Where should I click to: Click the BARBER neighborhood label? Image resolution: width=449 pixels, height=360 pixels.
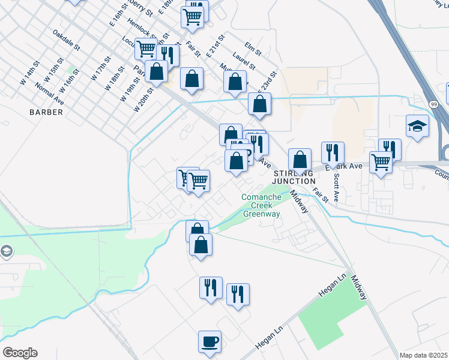[46, 112]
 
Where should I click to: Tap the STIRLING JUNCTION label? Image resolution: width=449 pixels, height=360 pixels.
[294, 177]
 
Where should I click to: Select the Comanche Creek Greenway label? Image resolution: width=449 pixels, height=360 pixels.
[261, 205]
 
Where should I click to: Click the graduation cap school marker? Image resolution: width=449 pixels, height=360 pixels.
[417, 127]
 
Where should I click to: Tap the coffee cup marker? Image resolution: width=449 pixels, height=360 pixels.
[209, 342]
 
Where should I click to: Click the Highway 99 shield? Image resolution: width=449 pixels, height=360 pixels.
[433, 104]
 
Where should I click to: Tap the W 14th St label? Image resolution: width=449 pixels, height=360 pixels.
[29, 71]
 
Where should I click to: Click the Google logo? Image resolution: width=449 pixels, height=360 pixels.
[19, 353]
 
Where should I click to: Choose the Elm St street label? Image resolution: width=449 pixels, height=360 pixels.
[255, 48]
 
